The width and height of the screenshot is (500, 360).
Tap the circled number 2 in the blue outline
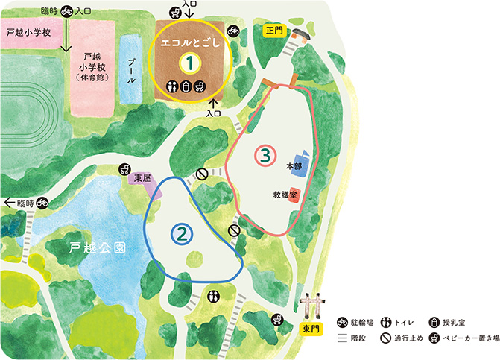pos(182,234)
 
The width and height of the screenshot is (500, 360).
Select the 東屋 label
pos(141,179)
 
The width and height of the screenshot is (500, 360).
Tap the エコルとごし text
pos(192,42)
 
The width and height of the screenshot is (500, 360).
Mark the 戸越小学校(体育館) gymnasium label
pos(92,68)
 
